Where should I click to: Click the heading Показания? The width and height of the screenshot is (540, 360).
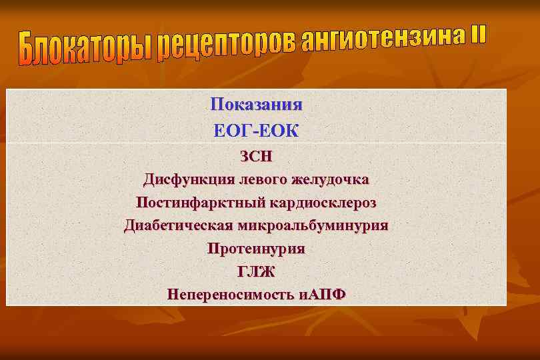click(256, 105)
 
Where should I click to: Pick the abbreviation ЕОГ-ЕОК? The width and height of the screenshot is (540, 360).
click(256, 131)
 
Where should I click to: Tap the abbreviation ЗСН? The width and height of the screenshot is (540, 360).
click(256, 157)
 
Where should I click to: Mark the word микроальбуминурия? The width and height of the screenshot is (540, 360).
click(313, 225)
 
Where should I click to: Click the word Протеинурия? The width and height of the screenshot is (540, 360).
click(256, 249)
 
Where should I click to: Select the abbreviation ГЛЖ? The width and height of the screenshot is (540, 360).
click(256, 271)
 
